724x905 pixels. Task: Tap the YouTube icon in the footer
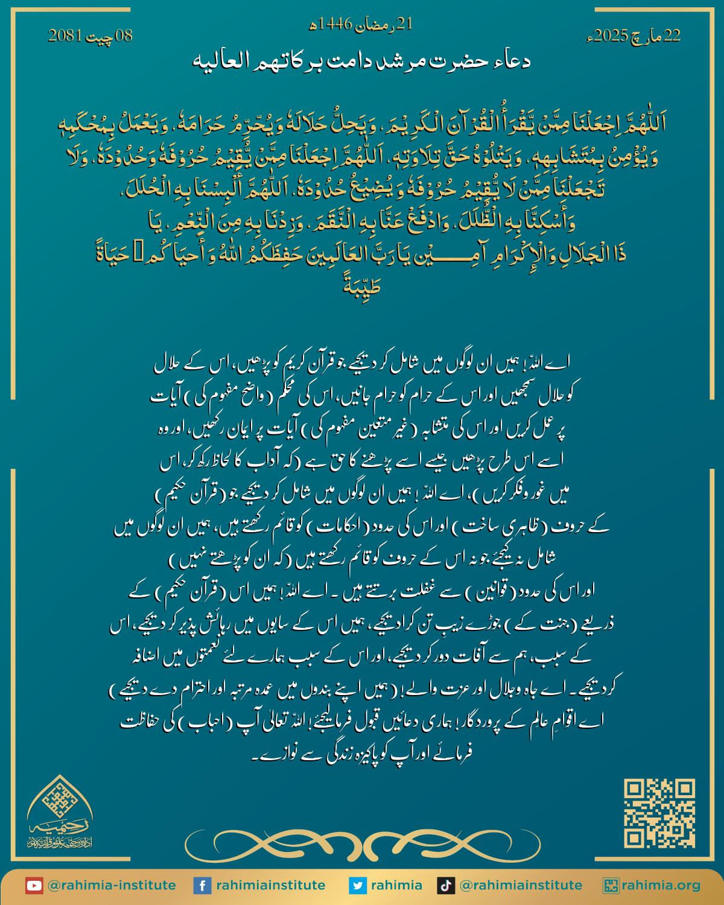tap(34, 886)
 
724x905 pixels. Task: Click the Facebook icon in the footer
tap(202, 886)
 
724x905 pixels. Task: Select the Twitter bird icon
tap(358, 886)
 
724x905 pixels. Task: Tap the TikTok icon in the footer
tap(445, 886)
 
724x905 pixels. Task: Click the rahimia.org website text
tap(662, 886)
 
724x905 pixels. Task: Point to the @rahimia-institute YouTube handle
tap(112, 886)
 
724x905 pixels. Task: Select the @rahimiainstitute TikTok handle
tap(521, 886)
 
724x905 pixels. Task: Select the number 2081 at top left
tap(63, 36)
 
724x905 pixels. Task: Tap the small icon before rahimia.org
tap(611, 886)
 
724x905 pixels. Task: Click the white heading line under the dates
tap(363, 62)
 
